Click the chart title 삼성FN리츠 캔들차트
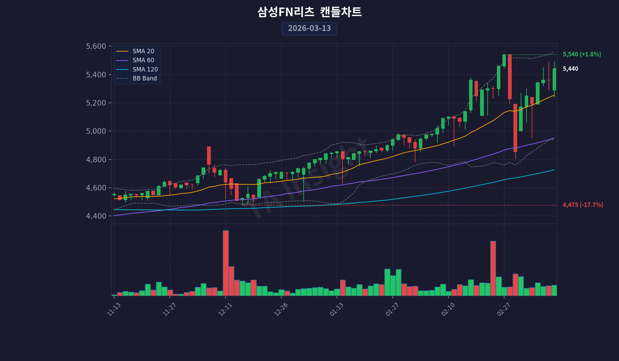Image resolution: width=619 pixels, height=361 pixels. click(x=309, y=12)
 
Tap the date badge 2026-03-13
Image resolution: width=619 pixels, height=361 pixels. click(x=309, y=29)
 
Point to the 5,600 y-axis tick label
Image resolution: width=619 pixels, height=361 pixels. click(x=96, y=46)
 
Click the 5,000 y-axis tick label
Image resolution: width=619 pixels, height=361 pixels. click(x=96, y=131)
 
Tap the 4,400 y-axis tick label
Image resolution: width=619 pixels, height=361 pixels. click(x=96, y=216)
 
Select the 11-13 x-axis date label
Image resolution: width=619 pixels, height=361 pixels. click(x=114, y=309)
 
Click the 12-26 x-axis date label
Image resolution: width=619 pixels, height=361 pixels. click(x=281, y=309)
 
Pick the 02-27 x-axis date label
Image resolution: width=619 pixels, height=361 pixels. click(x=503, y=309)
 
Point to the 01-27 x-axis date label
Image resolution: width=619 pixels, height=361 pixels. click(x=392, y=309)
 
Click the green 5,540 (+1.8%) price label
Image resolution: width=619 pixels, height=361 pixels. click(x=582, y=54)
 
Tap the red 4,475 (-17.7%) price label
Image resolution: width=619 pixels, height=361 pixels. click(x=583, y=205)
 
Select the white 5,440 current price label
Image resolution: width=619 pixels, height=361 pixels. click(x=571, y=69)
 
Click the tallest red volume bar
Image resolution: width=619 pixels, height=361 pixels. click(x=226, y=263)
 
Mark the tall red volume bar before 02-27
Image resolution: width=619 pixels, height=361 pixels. click(x=493, y=268)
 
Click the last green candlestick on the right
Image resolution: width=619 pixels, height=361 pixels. click(x=554, y=79)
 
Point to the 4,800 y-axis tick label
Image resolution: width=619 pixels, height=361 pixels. click(x=96, y=160)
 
